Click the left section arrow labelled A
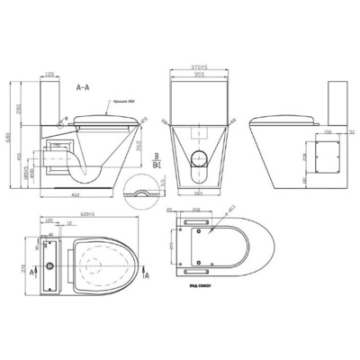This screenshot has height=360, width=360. tap(34, 269)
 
